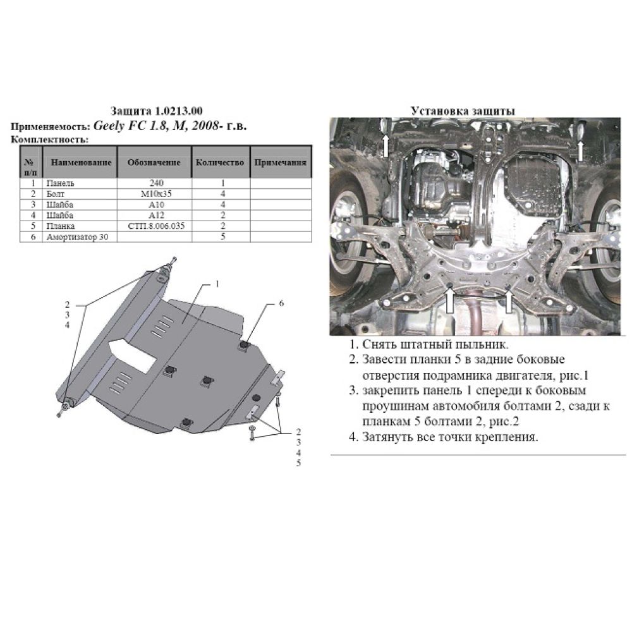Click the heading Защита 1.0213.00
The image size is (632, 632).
pos(157,111)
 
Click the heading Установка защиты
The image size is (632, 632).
pos(463,111)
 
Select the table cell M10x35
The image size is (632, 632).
pos(156,194)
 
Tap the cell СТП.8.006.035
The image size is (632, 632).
pos(156,226)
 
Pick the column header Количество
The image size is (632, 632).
pos(220,163)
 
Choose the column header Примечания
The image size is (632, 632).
pos(280,163)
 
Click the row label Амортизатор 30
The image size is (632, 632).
pos(77,237)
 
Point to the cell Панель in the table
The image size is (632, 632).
pos(60,183)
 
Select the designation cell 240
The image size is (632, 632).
pos(156,183)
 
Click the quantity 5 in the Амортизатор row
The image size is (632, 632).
pos(222,236)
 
